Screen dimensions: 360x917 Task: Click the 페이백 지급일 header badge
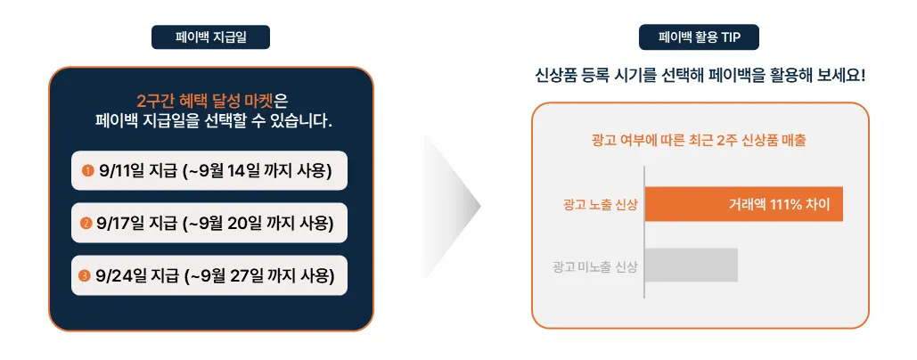click(210, 37)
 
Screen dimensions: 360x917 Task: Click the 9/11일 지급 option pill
click(209, 171)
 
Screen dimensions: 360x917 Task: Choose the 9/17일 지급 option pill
click(209, 223)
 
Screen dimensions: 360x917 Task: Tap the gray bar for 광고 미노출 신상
click(692, 266)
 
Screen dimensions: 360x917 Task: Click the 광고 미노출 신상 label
click(595, 266)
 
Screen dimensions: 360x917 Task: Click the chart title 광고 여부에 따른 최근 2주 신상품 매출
click(700, 141)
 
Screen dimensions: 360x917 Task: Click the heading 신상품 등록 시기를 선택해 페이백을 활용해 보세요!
click(700, 76)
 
